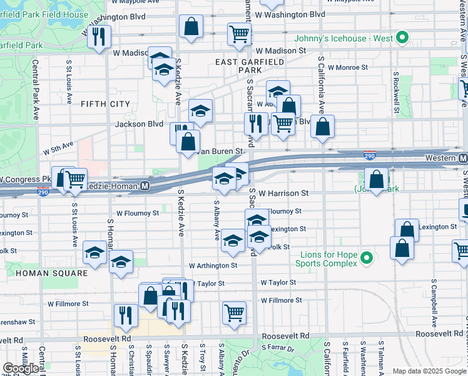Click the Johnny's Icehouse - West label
(348, 38)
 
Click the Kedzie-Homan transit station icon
(145, 186)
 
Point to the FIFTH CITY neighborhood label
(105, 104)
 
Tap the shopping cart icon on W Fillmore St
(234, 311)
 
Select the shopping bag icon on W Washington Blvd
(191, 26)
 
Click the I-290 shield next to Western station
(369, 153)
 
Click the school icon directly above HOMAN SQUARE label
(94, 252)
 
